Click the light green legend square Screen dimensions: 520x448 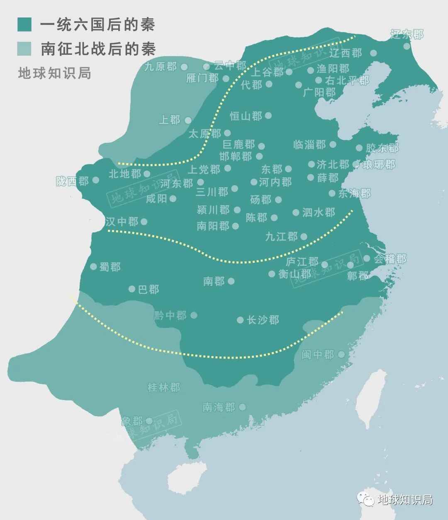click(24, 49)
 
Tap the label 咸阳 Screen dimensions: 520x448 click(156, 199)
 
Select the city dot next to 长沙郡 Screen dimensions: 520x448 click(240, 320)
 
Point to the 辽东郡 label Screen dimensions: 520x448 click(407, 34)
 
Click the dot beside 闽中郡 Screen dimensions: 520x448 click(341, 354)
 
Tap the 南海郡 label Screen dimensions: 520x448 click(219, 407)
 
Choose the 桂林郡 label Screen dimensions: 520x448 click(164, 388)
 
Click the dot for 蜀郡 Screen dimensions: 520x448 click(93, 267)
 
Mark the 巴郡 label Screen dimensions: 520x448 click(149, 289)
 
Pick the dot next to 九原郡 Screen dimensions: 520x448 click(184, 67)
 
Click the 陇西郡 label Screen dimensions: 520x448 click(73, 181)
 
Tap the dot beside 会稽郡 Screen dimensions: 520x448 click(367, 259)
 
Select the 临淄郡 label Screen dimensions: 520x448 click(309, 145)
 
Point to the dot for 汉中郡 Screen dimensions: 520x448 click(144, 222)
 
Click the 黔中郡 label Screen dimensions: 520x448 click(170, 315)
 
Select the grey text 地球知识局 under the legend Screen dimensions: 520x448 click(54, 73)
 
